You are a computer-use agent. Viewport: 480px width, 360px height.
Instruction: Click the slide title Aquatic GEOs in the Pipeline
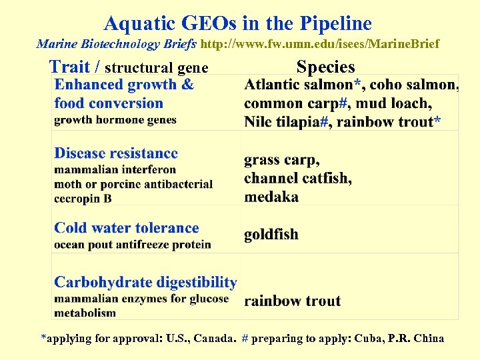tap(238, 24)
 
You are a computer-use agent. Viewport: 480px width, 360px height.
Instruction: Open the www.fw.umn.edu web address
tap(320, 45)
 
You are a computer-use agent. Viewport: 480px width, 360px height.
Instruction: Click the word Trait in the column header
tap(69, 67)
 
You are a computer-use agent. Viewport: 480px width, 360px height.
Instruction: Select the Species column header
tap(325, 67)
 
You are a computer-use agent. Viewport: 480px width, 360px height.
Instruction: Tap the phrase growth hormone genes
tap(115, 120)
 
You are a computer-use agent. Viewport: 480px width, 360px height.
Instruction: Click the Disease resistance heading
tap(116, 154)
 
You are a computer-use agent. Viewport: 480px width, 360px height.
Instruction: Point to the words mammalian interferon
tap(115, 170)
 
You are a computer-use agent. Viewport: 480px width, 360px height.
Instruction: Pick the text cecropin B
tap(83, 198)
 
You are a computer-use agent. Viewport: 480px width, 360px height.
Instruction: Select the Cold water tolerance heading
tap(127, 228)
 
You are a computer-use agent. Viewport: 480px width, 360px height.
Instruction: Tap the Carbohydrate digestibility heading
tap(145, 283)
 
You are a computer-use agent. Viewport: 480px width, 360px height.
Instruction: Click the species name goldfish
tap(271, 235)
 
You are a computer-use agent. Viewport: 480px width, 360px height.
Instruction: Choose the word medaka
tap(271, 197)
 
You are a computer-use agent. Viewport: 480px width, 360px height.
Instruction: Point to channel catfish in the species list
tap(297, 179)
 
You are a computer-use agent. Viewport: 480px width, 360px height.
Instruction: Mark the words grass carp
tap(281, 161)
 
